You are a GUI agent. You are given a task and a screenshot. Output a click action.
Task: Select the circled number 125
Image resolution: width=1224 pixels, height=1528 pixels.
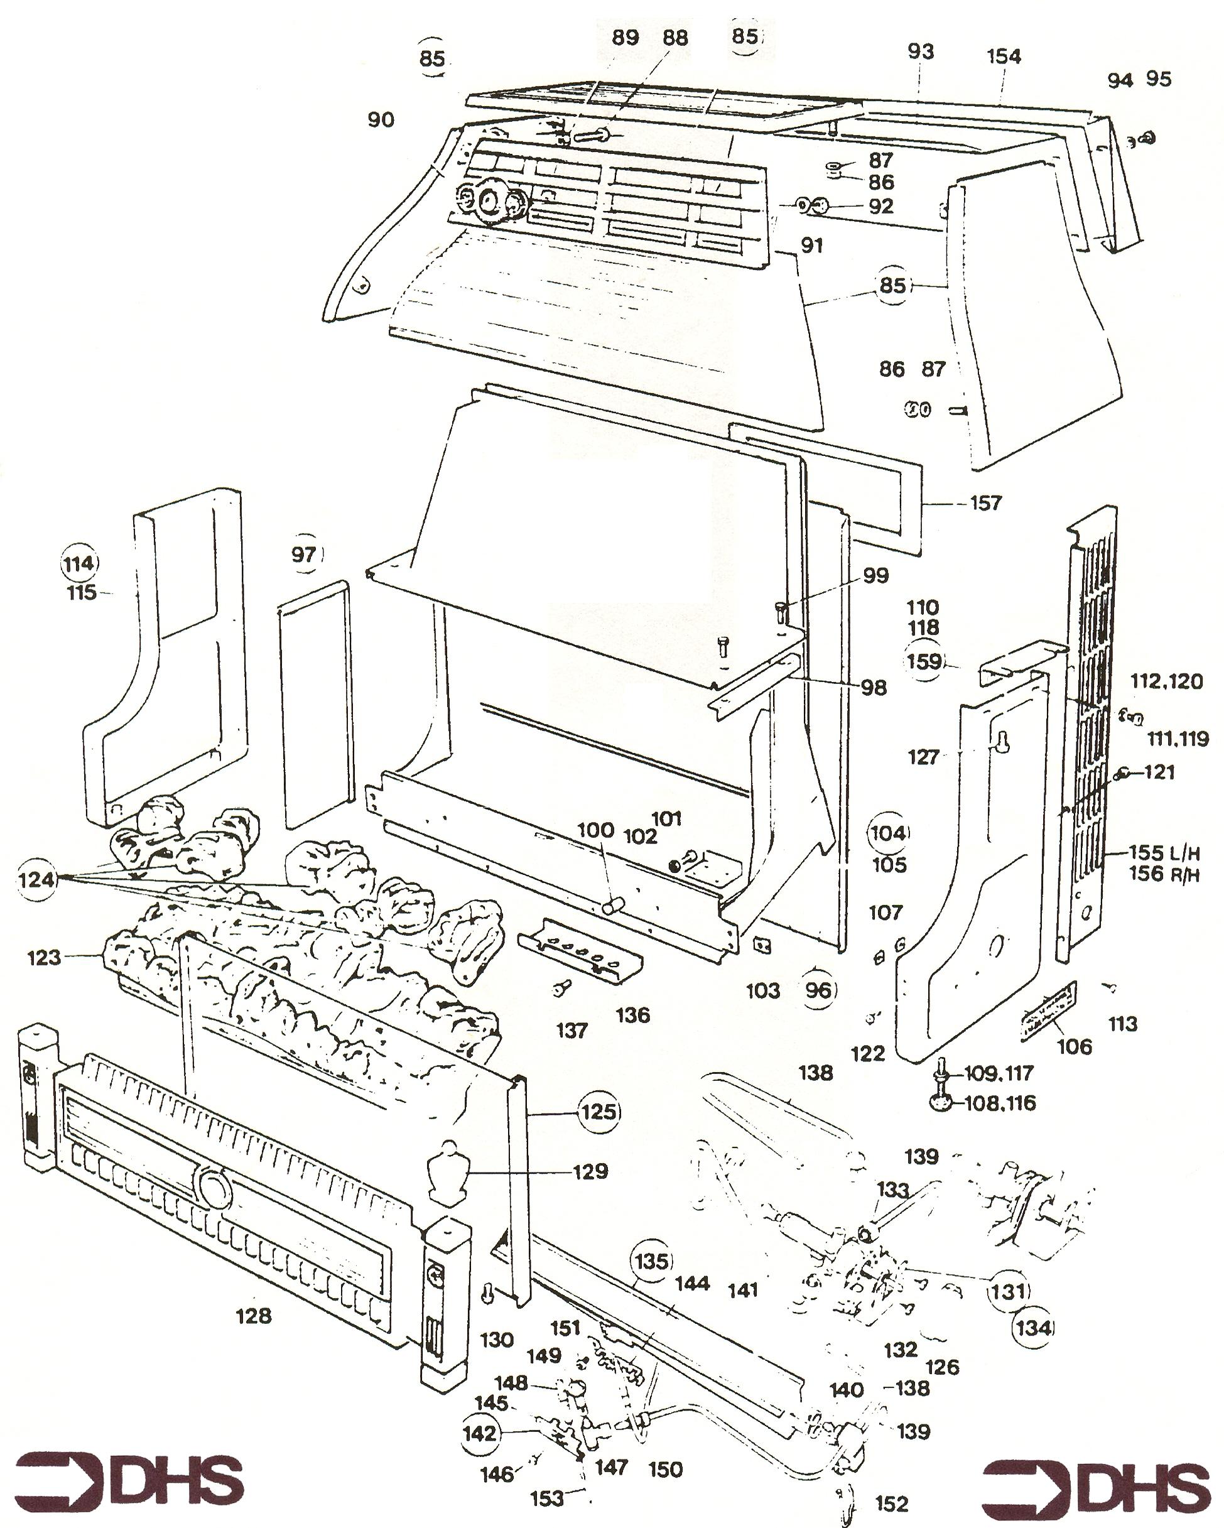pyautogui.click(x=599, y=1110)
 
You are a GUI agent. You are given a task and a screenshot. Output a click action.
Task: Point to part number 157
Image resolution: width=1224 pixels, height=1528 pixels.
pyautogui.click(x=985, y=503)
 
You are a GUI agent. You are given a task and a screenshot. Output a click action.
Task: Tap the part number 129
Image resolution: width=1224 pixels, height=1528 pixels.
pyautogui.click(x=590, y=1171)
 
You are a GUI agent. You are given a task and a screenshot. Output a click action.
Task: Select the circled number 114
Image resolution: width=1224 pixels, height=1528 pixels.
pyautogui.click(x=79, y=563)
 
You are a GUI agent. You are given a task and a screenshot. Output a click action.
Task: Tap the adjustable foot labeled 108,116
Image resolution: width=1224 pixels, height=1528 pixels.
pyautogui.click(x=941, y=1102)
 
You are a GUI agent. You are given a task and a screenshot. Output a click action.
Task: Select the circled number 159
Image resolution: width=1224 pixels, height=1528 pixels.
pyautogui.click(x=925, y=661)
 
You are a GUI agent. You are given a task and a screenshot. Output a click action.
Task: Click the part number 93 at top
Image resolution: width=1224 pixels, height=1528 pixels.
pyautogui.click(x=921, y=51)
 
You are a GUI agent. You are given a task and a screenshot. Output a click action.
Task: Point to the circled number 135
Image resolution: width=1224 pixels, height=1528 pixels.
pyautogui.click(x=651, y=1261)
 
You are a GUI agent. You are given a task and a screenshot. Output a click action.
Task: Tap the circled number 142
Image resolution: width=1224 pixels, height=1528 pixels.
pyautogui.click(x=479, y=1433)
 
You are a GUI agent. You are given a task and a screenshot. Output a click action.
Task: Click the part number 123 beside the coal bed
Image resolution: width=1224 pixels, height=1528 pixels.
pyautogui.click(x=44, y=958)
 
